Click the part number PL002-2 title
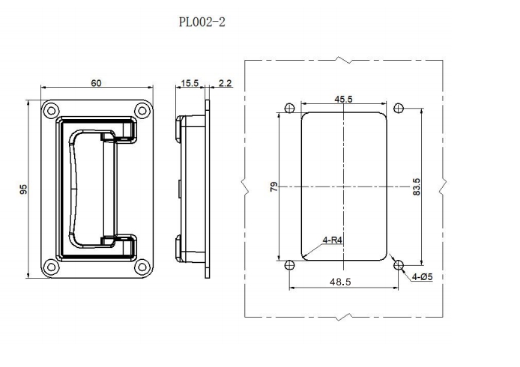click(x=202, y=22)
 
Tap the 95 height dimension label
click(x=24, y=190)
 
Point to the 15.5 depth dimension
click(x=190, y=83)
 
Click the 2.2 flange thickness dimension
click(x=224, y=83)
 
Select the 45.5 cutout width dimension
click(x=344, y=99)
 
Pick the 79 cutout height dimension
click(x=274, y=186)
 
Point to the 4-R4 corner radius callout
click(x=333, y=240)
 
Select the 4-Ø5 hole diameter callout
click(x=423, y=277)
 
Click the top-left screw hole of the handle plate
click(x=51, y=111)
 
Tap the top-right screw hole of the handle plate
click(x=141, y=111)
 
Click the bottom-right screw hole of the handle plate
click(x=141, y=266)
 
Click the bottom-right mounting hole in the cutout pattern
click(x=399, y=264)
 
